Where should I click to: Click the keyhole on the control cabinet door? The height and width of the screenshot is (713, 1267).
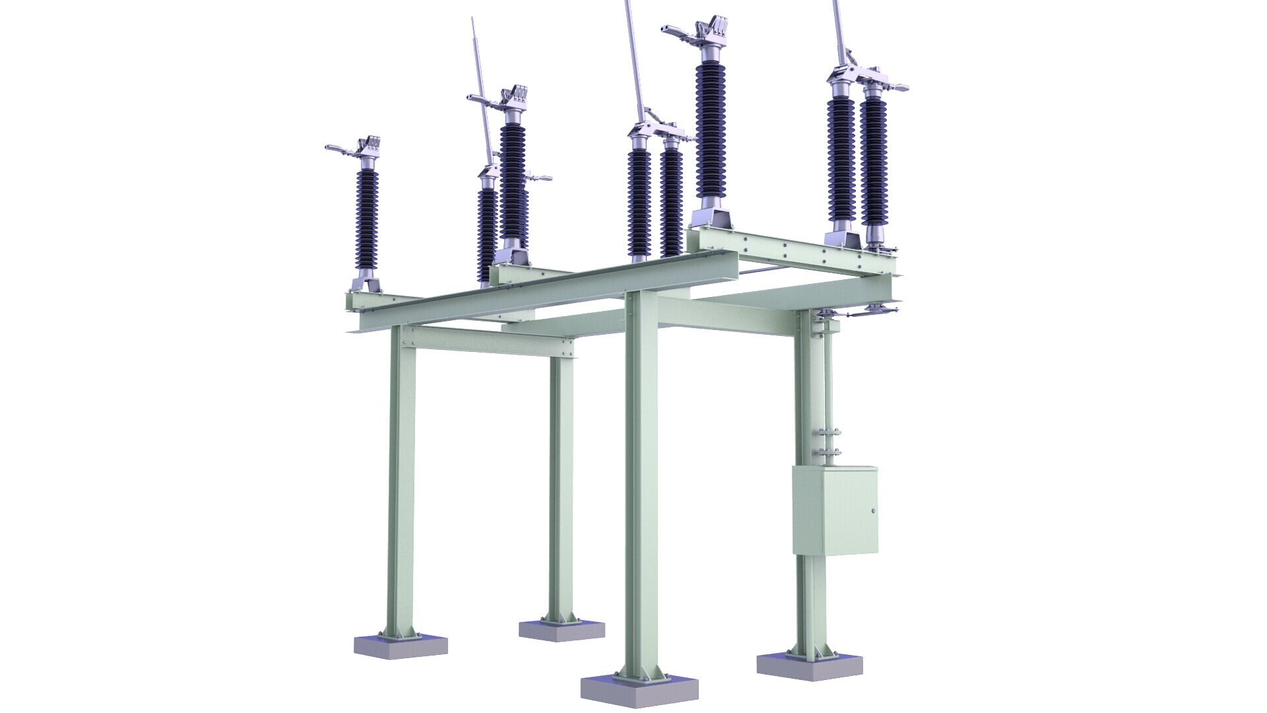tap(873, 511)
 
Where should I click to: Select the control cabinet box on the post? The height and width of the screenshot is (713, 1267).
tap(835, 510)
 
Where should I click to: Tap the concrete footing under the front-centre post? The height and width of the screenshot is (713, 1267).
tap(639, 690)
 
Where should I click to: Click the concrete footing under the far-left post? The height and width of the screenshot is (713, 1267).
tap(401, 646)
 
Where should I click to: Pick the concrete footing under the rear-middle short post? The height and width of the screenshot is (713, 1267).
tap(562, 629)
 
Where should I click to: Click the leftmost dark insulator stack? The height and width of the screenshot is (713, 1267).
tap(368, 218)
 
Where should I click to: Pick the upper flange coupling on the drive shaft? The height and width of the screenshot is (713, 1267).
tap(829, 432)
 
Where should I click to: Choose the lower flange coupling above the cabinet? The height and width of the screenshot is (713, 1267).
tap(829, 453)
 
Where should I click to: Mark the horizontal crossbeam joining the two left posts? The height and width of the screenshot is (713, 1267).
tap(488, 341)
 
